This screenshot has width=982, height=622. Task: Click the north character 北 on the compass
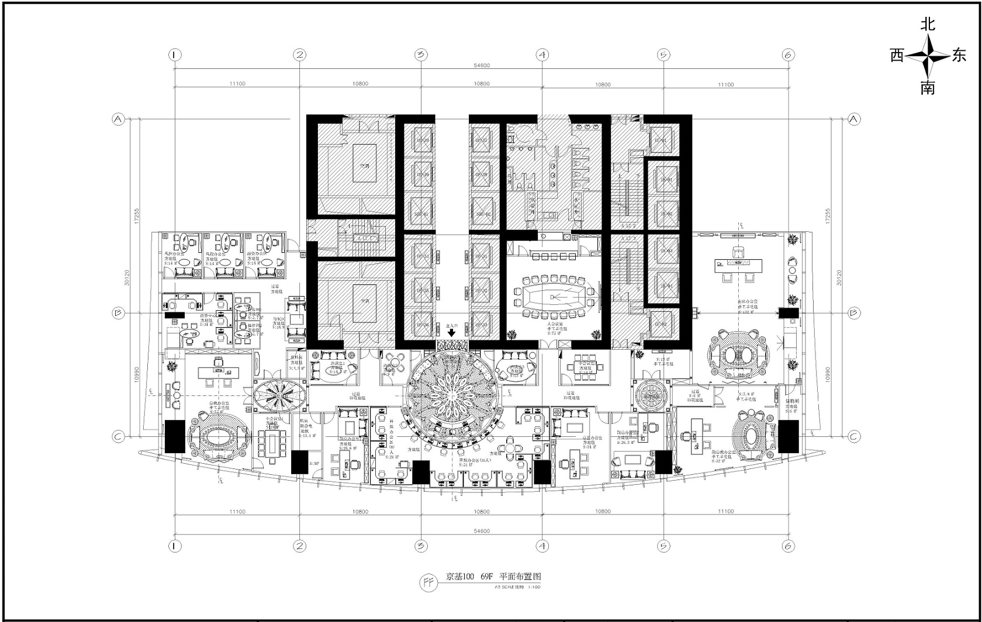pos(928,25)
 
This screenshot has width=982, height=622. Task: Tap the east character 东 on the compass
pos(959,55)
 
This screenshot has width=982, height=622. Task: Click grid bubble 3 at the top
pos(421,55)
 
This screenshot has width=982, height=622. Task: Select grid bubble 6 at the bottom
pos(788,546)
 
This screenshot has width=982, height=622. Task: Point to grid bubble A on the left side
pos(118,119)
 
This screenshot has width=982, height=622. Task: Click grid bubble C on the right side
pos(854,436)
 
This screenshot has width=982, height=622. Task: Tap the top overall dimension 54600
pos(481,65)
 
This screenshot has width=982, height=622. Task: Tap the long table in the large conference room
pos(553,297)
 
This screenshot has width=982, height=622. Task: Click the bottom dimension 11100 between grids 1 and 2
pos(237,511)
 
